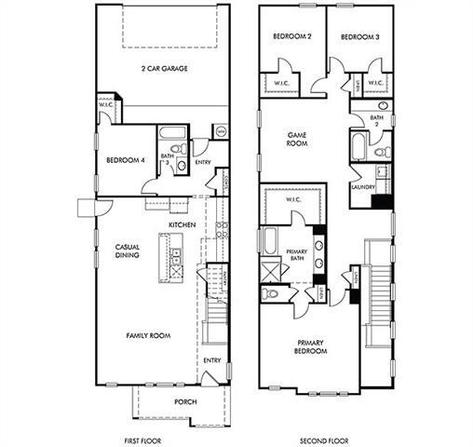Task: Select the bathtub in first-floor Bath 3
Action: point(176,133)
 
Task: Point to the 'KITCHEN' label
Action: point(182,225)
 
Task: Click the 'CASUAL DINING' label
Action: point(128,251)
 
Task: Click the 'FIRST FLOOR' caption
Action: point(147,439)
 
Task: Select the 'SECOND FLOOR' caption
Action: point(326,439)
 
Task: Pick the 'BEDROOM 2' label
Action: point(291,36)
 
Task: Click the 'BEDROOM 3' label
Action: point(358,36)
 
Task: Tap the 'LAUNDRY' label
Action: point(363,186)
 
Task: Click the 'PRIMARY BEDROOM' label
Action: point(311,347)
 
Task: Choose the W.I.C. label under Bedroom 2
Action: point(282,83)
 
